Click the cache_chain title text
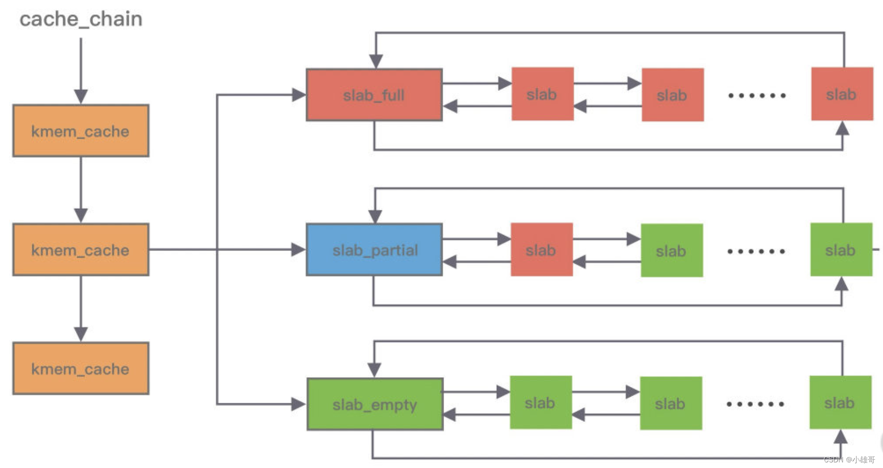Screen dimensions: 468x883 81,19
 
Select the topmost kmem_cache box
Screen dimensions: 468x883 81,131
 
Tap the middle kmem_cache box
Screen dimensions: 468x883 81,249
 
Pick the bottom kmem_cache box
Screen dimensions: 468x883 81,368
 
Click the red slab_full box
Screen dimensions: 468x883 374,95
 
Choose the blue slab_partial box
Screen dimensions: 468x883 374,250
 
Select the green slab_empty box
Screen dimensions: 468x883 375,404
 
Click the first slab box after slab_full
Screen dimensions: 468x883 542,94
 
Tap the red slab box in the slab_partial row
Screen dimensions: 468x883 541,250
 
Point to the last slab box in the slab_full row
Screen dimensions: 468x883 841,94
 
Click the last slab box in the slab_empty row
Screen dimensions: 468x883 840,403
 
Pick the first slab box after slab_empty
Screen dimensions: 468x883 540,403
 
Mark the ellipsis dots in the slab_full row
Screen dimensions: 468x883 757,95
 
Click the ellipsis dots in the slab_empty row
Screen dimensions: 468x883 755,404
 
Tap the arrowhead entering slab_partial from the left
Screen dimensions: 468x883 298,250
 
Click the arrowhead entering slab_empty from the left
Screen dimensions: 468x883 298,404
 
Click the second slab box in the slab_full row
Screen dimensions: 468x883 672,95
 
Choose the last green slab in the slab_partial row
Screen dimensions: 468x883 841,250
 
